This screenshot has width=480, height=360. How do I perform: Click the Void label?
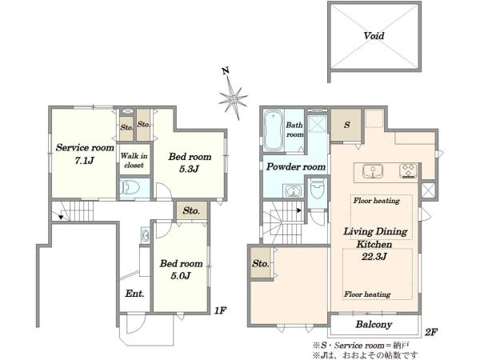coord(374,36)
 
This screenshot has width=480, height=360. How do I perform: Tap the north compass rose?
coord(233,98)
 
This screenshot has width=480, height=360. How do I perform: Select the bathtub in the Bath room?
coord(274,130)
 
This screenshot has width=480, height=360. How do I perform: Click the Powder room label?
coord(296,167)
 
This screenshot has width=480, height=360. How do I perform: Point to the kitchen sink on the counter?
coord(373,171)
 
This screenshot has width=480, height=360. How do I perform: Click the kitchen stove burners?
coord(408,171)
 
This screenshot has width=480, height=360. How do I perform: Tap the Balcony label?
coord(374,325)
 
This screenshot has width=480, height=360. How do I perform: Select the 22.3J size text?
coord(374,256)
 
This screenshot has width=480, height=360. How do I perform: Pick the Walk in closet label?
coord(134,161)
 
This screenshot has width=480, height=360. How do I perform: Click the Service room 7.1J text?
coord(85,154)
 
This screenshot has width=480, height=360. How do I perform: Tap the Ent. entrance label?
coord(134,294)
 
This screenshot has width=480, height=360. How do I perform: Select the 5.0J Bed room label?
coord(181,270)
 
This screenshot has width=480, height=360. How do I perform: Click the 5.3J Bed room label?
coord(190,162)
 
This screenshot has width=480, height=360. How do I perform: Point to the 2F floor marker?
coord(431,332)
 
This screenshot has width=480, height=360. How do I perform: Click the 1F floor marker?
coord(220,310)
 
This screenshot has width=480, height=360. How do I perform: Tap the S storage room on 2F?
coord(346,125)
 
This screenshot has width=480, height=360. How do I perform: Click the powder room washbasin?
coord(293,191)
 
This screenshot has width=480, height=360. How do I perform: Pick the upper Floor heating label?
coord(377,201)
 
